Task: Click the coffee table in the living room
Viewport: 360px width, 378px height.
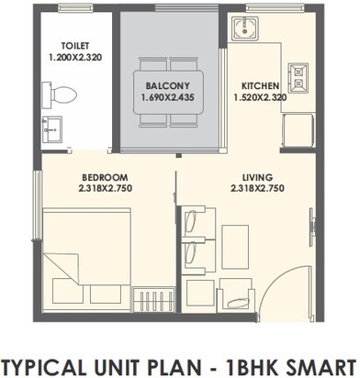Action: (233, 238)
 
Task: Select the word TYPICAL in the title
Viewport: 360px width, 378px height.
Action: (50, 358)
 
